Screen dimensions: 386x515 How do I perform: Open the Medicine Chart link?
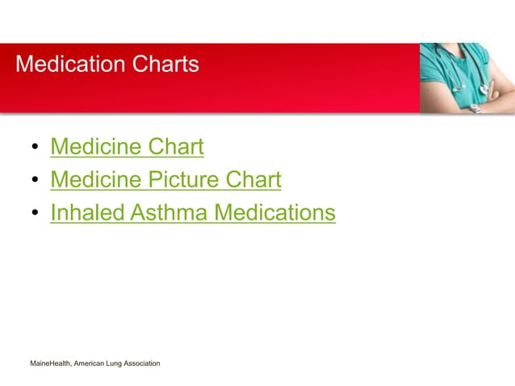click(x=127, y=147)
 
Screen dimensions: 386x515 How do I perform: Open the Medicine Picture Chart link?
click(x=165, y=179)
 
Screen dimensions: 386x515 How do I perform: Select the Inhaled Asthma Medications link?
click(x=192, y=212)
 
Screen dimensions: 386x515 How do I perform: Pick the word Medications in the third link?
click(x=274, y=212)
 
